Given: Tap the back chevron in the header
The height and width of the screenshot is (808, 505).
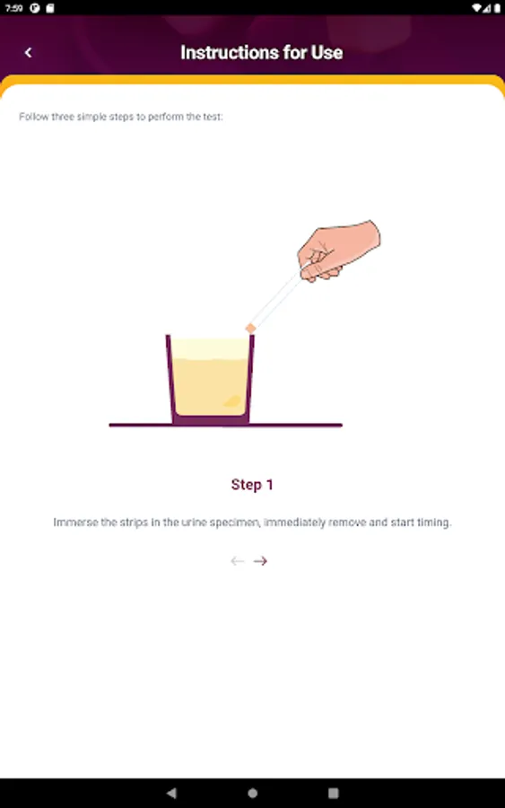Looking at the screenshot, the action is coord(29,53).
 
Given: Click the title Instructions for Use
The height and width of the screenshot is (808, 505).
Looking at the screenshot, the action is coord(262,53).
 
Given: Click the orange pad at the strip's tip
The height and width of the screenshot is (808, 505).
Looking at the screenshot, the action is coord(250,329).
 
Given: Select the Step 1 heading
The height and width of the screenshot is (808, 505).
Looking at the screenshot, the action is coord(252,485).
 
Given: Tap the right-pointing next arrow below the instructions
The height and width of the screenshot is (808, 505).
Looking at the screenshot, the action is coord(260,560).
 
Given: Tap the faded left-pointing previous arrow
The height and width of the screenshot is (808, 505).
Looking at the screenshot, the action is coord(238,560).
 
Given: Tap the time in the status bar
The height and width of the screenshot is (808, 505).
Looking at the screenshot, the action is coord(13,8).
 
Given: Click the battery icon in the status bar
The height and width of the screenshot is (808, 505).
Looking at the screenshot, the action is coord(497,8).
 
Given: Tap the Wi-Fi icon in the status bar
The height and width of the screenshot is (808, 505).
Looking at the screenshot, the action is coord(476,8).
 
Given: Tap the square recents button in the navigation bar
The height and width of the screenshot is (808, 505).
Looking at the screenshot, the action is coord(334,793).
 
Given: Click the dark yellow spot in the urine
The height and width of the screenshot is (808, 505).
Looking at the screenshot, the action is coord(232,401).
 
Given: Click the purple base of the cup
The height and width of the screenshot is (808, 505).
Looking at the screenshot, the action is coord(211,419).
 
